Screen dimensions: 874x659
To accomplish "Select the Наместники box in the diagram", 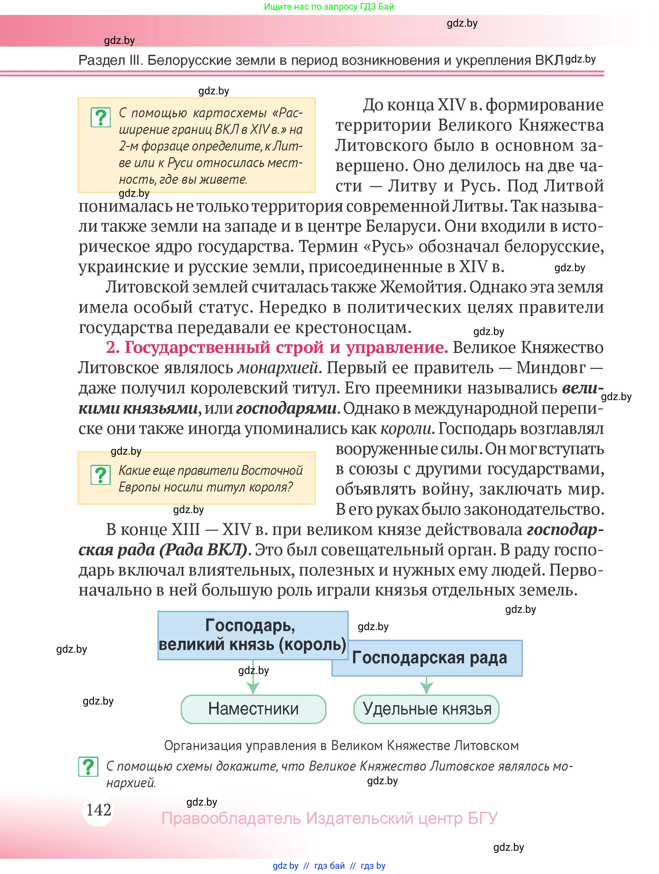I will (x=253, y=709).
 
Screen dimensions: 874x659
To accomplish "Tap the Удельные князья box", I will (x=426, y=709).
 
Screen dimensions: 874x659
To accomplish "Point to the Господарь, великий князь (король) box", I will (x=252, y=635).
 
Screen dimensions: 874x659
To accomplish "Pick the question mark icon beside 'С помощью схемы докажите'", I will (x=88, y=767).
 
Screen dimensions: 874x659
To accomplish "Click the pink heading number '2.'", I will (x=113, y=347).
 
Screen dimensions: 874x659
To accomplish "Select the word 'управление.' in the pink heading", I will (x=397, y=347).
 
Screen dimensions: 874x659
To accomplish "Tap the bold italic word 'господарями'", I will (x=286, y=408).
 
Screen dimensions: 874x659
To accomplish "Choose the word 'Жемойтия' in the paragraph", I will (x=421, y=287).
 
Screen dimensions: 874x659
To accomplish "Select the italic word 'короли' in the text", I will (x=406, y=428).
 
